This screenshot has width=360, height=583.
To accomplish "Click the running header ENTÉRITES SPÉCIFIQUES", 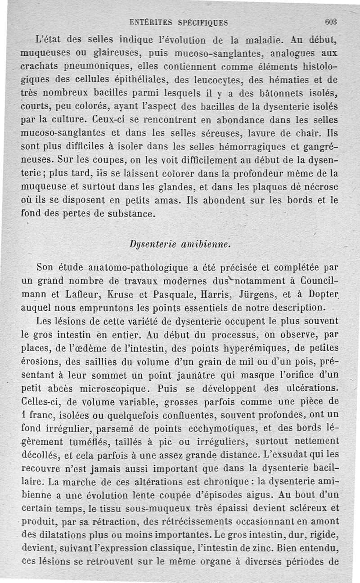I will (179, 22).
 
